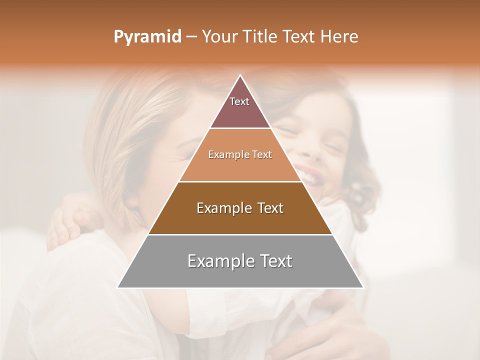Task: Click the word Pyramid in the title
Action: [x=147, y=37]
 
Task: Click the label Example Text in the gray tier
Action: [x=240, y=261]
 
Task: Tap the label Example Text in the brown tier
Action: [x=240, y=208]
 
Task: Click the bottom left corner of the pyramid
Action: [x=118, y=287]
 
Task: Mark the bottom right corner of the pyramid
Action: [x=363, y=287]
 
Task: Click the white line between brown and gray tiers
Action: [x=240, y=234]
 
